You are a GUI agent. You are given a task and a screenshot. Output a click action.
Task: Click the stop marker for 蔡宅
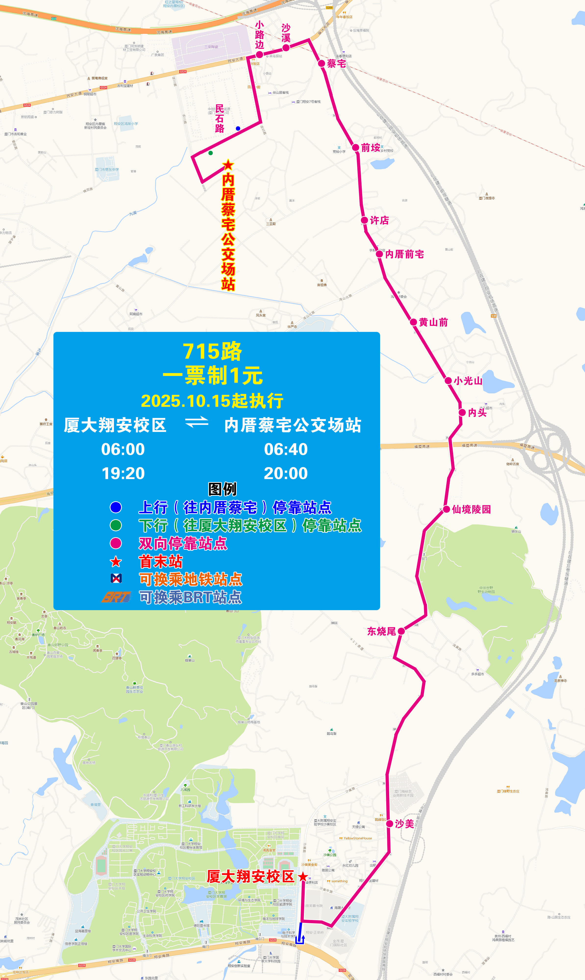(322, 63)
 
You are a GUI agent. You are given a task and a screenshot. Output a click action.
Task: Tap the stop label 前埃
(371, 148)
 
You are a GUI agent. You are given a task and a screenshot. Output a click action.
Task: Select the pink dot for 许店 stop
(365, 220)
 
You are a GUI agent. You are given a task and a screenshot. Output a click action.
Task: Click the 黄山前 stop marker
(413, 322)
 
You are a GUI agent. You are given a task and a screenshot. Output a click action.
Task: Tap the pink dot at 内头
(462, 412)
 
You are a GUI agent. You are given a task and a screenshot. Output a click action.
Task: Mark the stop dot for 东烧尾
(401, 631)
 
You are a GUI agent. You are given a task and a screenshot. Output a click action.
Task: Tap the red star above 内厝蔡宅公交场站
(228, 165)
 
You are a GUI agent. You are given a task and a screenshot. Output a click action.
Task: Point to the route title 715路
(212, 351)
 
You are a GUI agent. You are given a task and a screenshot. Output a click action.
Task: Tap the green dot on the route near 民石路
(211, 153)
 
